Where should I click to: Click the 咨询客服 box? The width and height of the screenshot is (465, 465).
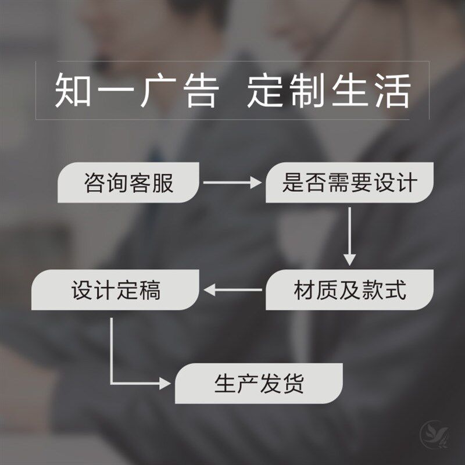tap(129, 183)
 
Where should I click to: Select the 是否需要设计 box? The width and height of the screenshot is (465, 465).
tap(349, 183)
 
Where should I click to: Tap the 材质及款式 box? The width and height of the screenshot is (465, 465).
tap(349, 289)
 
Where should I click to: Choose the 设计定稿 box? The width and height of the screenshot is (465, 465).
tap(116, 289)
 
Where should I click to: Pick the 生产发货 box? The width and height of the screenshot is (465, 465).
tap(259, 384)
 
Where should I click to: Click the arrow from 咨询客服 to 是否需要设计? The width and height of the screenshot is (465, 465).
tap(233, 183)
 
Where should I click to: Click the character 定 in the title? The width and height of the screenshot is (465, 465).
tap(268, 91)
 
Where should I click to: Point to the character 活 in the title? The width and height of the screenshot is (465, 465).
tap(392, 91)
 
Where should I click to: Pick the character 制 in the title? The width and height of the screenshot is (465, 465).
tap(310, 91)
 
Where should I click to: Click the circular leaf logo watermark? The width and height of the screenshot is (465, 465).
tap(434, 433)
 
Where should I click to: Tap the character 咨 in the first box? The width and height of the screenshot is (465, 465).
tap(95, 184)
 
